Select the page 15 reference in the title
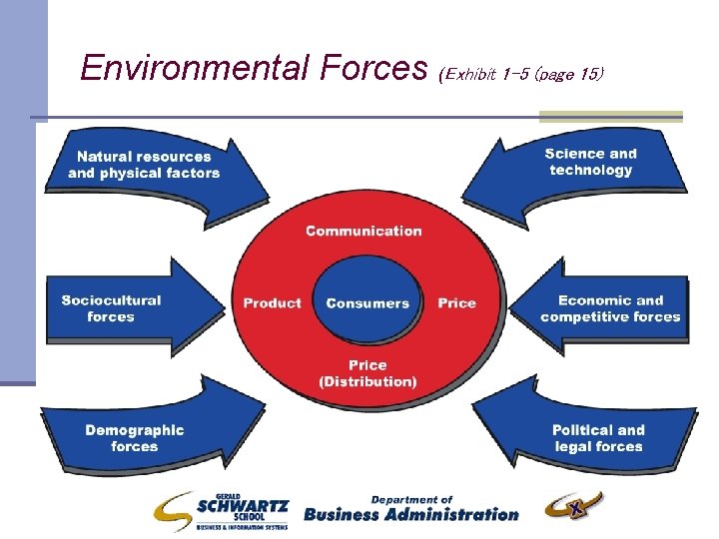tap(569, 74)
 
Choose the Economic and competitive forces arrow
tap(609, 308)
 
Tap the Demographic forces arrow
tap(135, 438)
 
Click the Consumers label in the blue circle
tap(367, 303)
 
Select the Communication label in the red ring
tap(363, 231)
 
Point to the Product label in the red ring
tap(272, 303)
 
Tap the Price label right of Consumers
tap(456, 303)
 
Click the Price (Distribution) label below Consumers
tap(367, 373)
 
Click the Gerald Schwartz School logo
tap(222, 510)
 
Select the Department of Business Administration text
tap(410, 509)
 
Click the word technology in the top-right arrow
tap(591, 171)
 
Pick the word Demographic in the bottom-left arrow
tap(135, 430)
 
